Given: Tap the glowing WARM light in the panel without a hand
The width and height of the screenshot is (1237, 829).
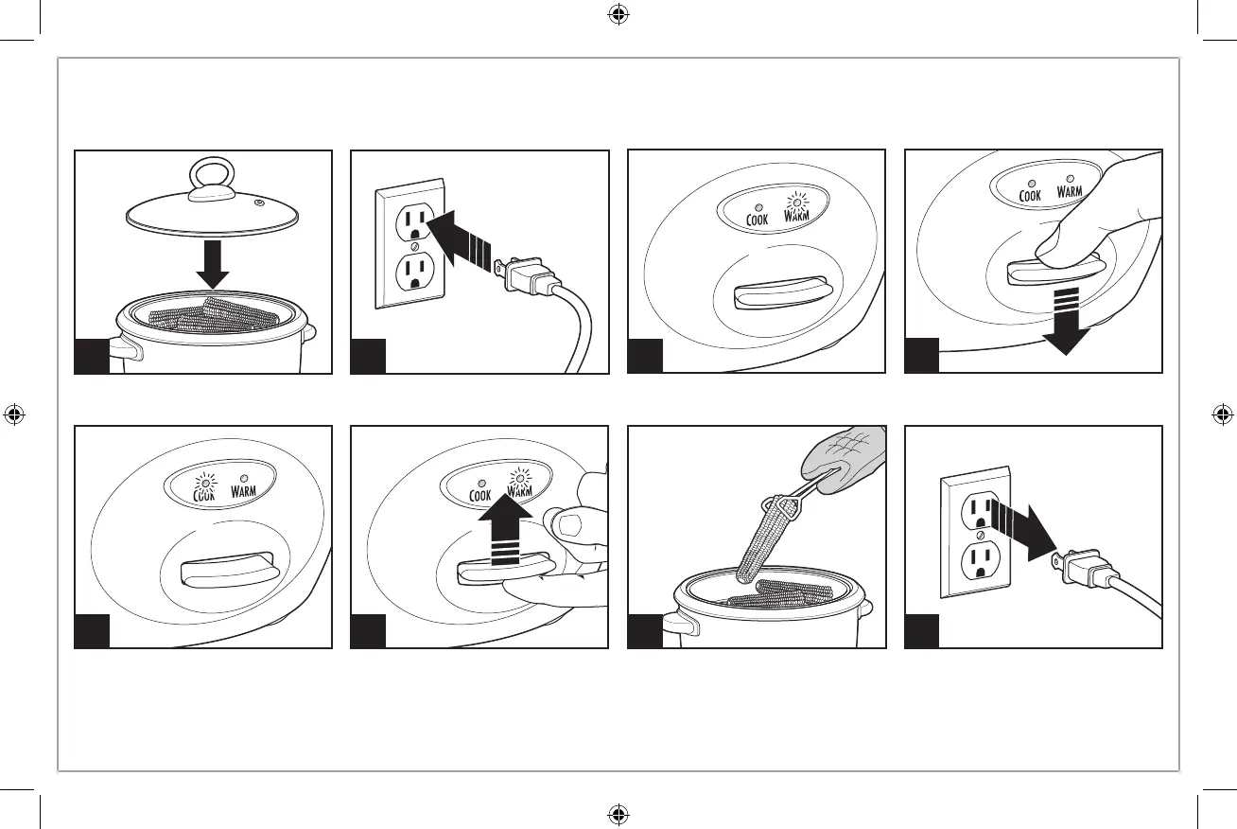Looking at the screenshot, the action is coord(796,200).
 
